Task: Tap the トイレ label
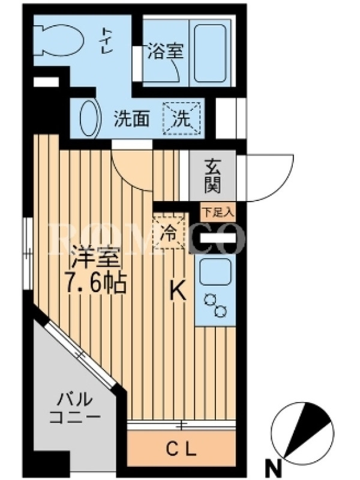click(107, 41)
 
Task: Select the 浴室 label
click(166, 51)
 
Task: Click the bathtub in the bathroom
click(211, 53)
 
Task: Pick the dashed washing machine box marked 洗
click(182, 118)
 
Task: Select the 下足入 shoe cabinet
click(218, 212)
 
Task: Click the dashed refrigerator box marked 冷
click(169, 232)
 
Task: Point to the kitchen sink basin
click(215, 272)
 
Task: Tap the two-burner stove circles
click(216, 305)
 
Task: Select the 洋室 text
click(95, 258)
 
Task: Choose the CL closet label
click(181, 449)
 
